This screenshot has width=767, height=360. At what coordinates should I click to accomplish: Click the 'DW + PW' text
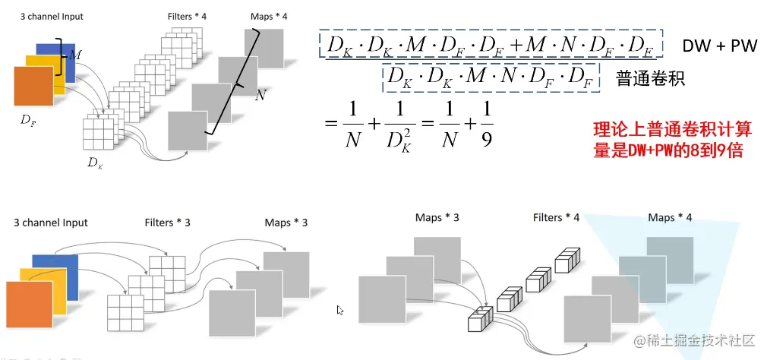tap(719, 46)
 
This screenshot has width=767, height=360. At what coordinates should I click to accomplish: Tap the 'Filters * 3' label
tap(167, 223)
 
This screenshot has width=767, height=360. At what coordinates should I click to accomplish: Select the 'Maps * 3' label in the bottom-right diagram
tap(437, 218)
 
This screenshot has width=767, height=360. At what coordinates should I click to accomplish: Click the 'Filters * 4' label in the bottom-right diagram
tap(556, 218)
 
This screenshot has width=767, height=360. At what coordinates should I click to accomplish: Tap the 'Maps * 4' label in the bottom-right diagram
tap(670, 218)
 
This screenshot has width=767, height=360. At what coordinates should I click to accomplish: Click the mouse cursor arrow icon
tap(340, 310)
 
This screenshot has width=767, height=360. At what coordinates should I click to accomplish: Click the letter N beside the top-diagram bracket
tap(260, 96)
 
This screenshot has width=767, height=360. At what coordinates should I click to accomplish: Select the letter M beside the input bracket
tap(74, 55)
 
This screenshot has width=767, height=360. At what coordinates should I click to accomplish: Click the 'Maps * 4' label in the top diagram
tap(268, 16)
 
